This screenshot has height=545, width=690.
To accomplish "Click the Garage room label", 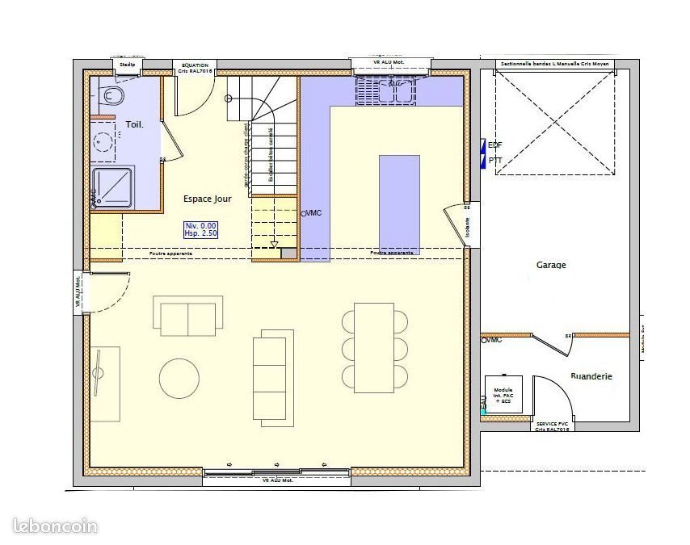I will click(551, 265).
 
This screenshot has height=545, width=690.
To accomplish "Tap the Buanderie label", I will click(591, 376).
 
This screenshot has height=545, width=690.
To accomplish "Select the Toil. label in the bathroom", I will click(134, 124).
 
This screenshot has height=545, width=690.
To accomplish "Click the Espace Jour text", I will click(208, 198).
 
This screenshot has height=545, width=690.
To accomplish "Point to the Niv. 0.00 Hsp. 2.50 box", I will click(201, 228).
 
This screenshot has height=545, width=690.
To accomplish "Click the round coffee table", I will click(179, 378).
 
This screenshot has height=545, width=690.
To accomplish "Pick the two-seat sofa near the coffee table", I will click(187, 316).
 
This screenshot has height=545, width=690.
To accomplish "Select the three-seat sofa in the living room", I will click(269, 376).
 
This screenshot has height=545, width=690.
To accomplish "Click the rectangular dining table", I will click(373, 347).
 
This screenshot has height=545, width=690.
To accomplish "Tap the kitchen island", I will click(399, 203).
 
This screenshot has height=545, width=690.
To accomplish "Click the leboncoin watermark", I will click(56, 526).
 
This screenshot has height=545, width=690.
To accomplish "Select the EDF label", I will click(495, 145).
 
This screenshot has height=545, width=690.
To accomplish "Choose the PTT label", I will click(495, 161).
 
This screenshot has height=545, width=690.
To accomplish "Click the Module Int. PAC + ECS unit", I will click(503, 394).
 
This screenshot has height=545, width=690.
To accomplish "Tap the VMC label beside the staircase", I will click(313, 213).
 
